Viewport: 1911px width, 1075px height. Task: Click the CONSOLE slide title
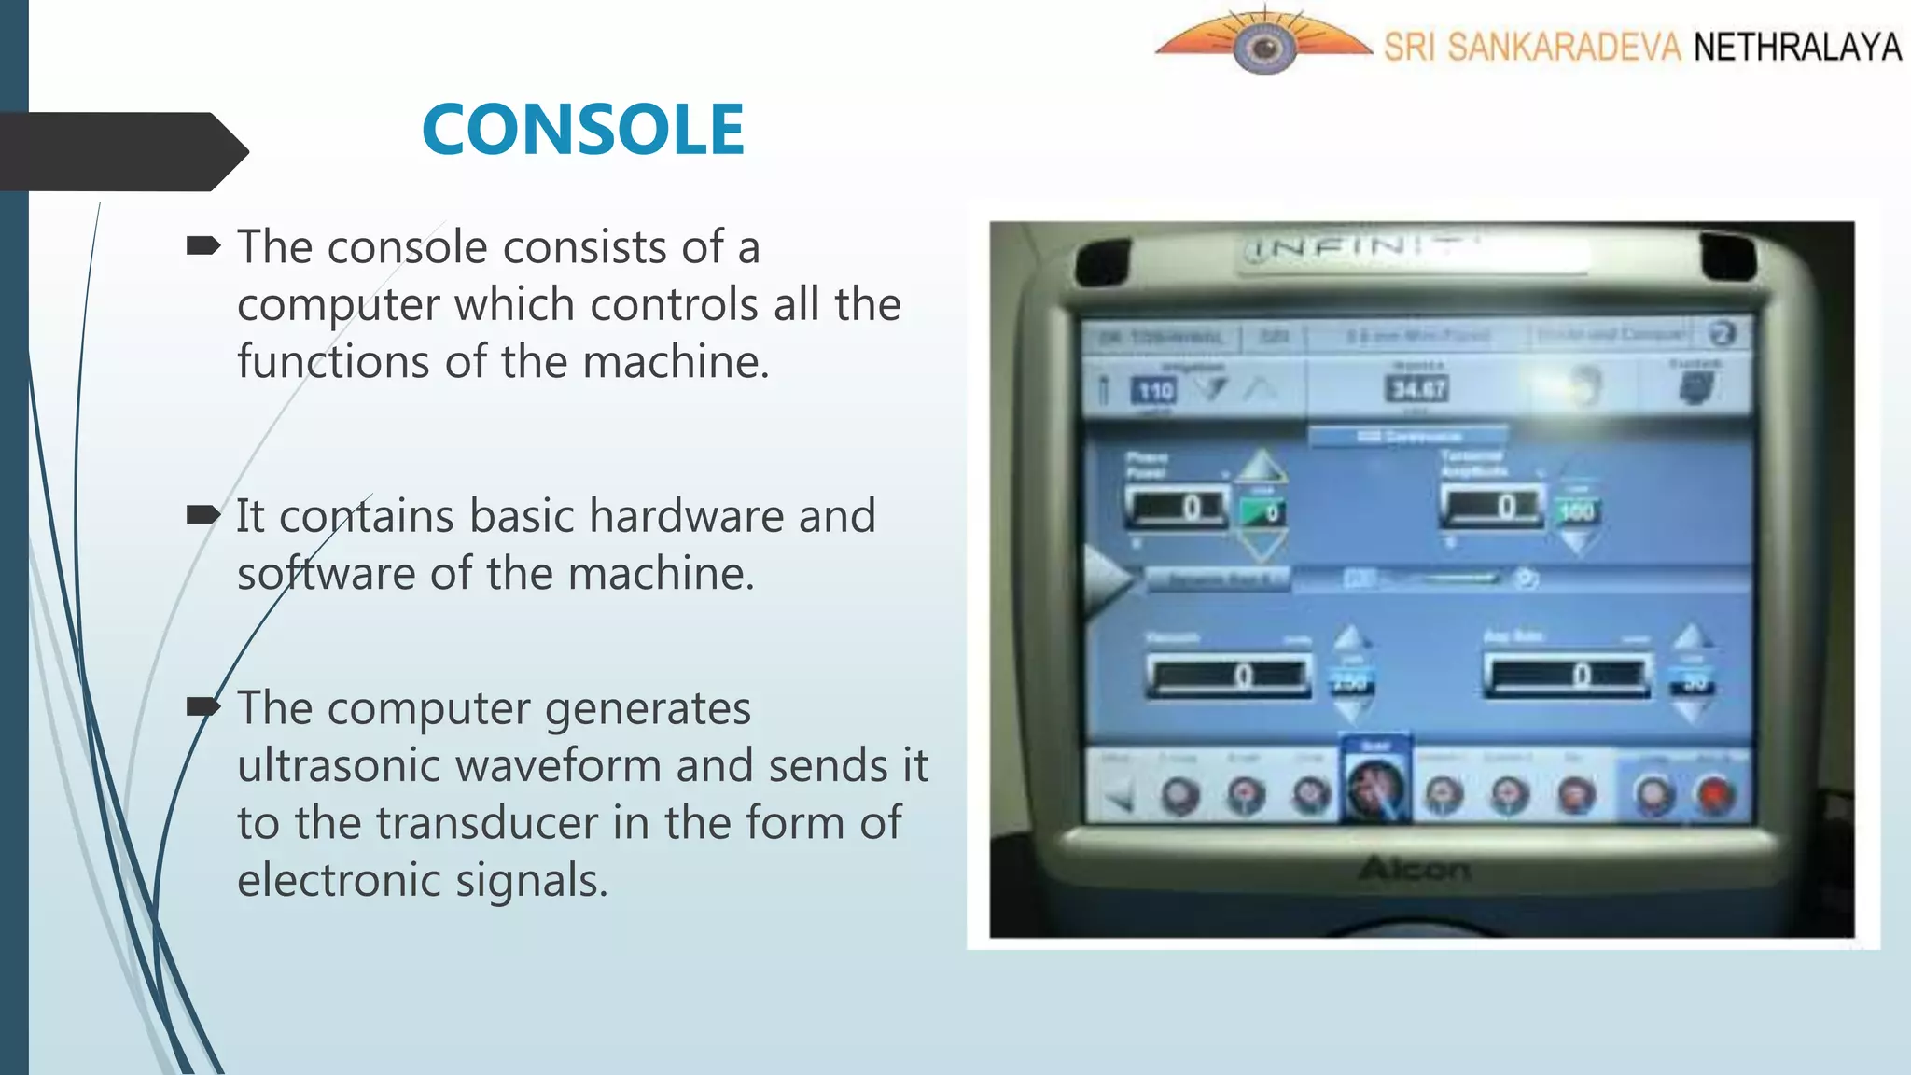pyautogui.click(x=583, y=130)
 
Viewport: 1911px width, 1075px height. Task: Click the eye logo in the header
pyautogui.click(x=1264, y=48)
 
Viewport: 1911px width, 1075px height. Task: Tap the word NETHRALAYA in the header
pyautogui.click(x=1796, y=47)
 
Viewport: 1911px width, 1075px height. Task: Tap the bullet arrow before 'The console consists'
pyautogui.click(x=202, y=246)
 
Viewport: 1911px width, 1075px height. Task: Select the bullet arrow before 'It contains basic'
pyautogui.click(x=202, y=514)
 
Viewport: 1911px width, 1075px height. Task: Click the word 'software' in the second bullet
pyautogui.click(x=326, y=573)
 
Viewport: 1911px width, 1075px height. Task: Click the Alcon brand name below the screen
pyautogui.click(x=1414, y=870)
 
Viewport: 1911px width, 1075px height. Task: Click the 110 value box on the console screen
pyautogui.click(x=1155, y=391)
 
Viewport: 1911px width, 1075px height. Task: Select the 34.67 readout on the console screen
pyautogui.click(x=1416, y=388)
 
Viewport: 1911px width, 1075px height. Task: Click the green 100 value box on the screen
pyautogui.click(x=1576, y=510)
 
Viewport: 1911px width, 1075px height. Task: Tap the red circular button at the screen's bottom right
pyautogui.click(x=1715, y=796)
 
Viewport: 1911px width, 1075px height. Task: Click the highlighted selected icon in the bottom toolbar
pyautogui.click(x=1375, y=788)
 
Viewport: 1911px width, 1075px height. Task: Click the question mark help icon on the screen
pyautogui.click(x=1722, y=333)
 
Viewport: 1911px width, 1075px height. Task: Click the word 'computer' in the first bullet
pyautogui.click(x=338, y=304)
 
